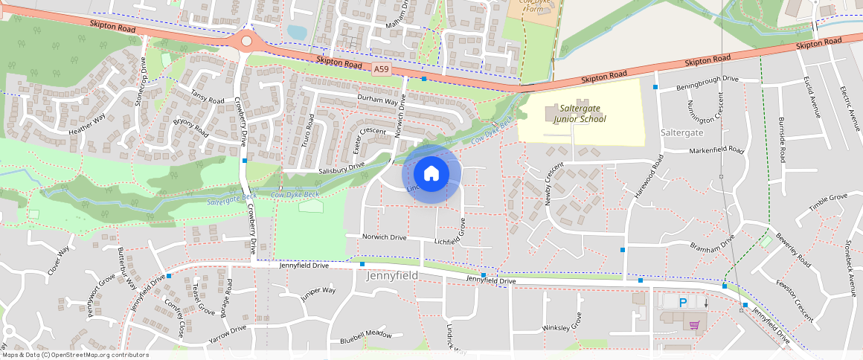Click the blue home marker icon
pos(431,174)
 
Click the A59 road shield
pos(381,69)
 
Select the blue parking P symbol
pos(682,303)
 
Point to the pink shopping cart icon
pos(694,325)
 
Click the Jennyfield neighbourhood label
pos(392,276)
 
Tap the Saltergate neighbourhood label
pos(681,132)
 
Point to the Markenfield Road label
pos(716,150)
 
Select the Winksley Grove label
pos(562,327)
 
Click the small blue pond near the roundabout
pos(295,32)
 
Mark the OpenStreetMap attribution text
pos(74,355)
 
